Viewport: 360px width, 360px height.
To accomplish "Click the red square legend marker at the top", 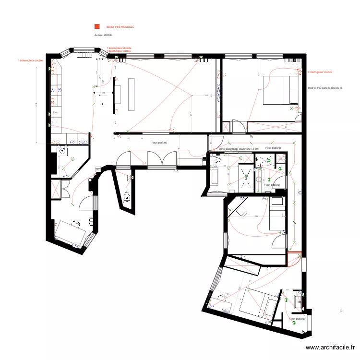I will tap(97, 27).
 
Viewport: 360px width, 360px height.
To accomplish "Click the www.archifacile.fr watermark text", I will tap(331, 348).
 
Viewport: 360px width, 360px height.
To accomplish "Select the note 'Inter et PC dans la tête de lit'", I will tap(325, 88).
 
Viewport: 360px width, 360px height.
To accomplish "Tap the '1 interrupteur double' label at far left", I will tap(31, 61).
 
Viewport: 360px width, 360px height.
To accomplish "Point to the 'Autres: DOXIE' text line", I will tap(103, 36).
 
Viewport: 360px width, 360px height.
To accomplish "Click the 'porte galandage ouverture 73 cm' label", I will tap(238, 149).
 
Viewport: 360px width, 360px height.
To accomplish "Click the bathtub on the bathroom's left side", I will tap(214, 175).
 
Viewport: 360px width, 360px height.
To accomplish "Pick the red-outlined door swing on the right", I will tap(293, 260).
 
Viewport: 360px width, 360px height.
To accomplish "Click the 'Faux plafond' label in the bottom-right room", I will tap(297, 318).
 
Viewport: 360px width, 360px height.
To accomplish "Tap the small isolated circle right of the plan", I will tap(341, 311).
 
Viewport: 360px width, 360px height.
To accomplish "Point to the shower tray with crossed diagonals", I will tap(246, 178).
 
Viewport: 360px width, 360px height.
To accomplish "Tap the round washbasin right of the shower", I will tap(258, 179).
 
